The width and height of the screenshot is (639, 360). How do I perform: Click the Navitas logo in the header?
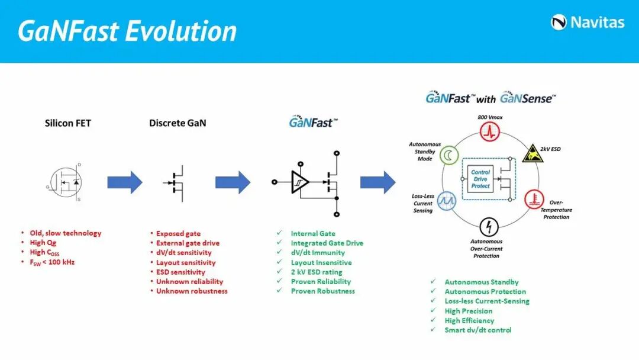pyautogui.click(x=588, y=22)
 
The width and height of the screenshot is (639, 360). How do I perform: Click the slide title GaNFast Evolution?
pyautogui.click(x=127, y=31)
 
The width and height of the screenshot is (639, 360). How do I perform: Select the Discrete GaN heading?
pyautogui.click(x=178, y=124)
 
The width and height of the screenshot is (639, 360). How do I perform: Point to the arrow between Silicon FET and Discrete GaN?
pyautogui.click(x=125, y=182)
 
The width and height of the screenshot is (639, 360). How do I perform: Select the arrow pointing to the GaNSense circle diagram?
pyautogui.click(x=378, y=182)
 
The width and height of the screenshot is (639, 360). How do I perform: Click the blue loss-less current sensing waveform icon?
pyautogui.click(x=446, y=200)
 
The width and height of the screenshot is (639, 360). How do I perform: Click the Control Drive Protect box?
pyautogui.click(x=480, y=178)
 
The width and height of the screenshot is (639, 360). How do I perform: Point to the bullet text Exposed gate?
pyautogui.click(x=178, y=234)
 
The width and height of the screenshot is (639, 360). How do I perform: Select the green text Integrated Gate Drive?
pyautogui.click(x=327, y=243)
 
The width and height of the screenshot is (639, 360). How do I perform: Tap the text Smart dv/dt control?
pyautogui.click(x=477, y=330)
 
